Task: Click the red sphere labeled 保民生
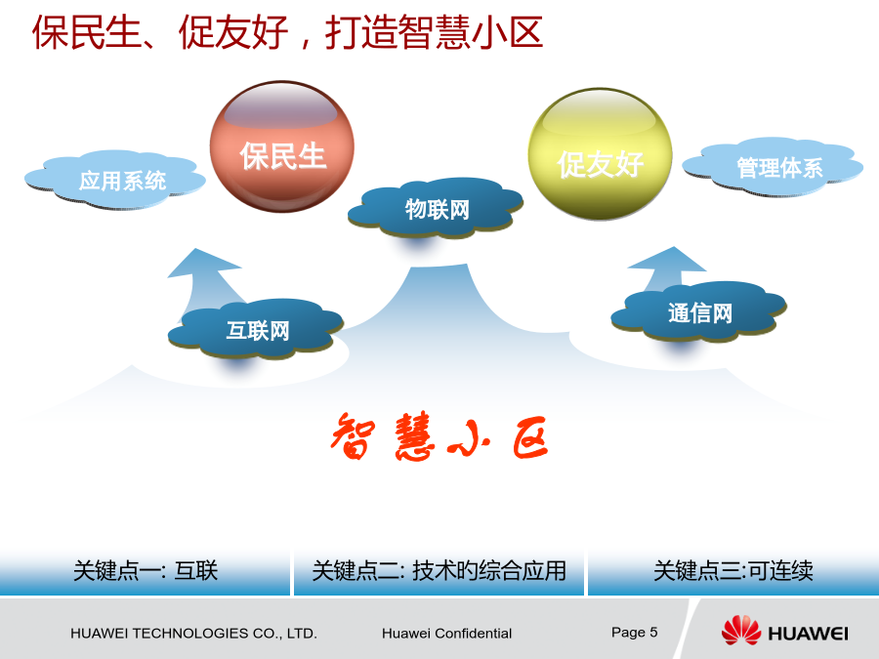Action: tap(282, 146)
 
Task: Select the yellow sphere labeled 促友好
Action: tap(601, 153)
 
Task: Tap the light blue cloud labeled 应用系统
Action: tap(115, 180)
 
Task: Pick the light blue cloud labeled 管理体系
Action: tap(774, 166)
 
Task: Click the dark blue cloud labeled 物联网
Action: tap(436, 208)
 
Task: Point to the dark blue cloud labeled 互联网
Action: tap(256, 328)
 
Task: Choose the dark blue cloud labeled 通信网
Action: tap(699, 311)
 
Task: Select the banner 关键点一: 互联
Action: tap(146, 571)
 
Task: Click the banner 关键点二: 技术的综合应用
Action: tap(439, 571)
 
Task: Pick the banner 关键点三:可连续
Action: tap(733, 571)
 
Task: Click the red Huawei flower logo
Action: tap(740, 630)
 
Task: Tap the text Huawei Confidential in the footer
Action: tap(446, 634)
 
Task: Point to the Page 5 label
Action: tap(634, 632)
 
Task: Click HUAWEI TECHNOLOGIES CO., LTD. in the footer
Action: tap(193, 634)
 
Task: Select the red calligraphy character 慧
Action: tap(414, 436)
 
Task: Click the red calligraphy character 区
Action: tap(529, 437)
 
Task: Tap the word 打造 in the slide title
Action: tap(360, 32)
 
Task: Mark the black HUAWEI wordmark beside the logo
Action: tap(808, 634)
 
